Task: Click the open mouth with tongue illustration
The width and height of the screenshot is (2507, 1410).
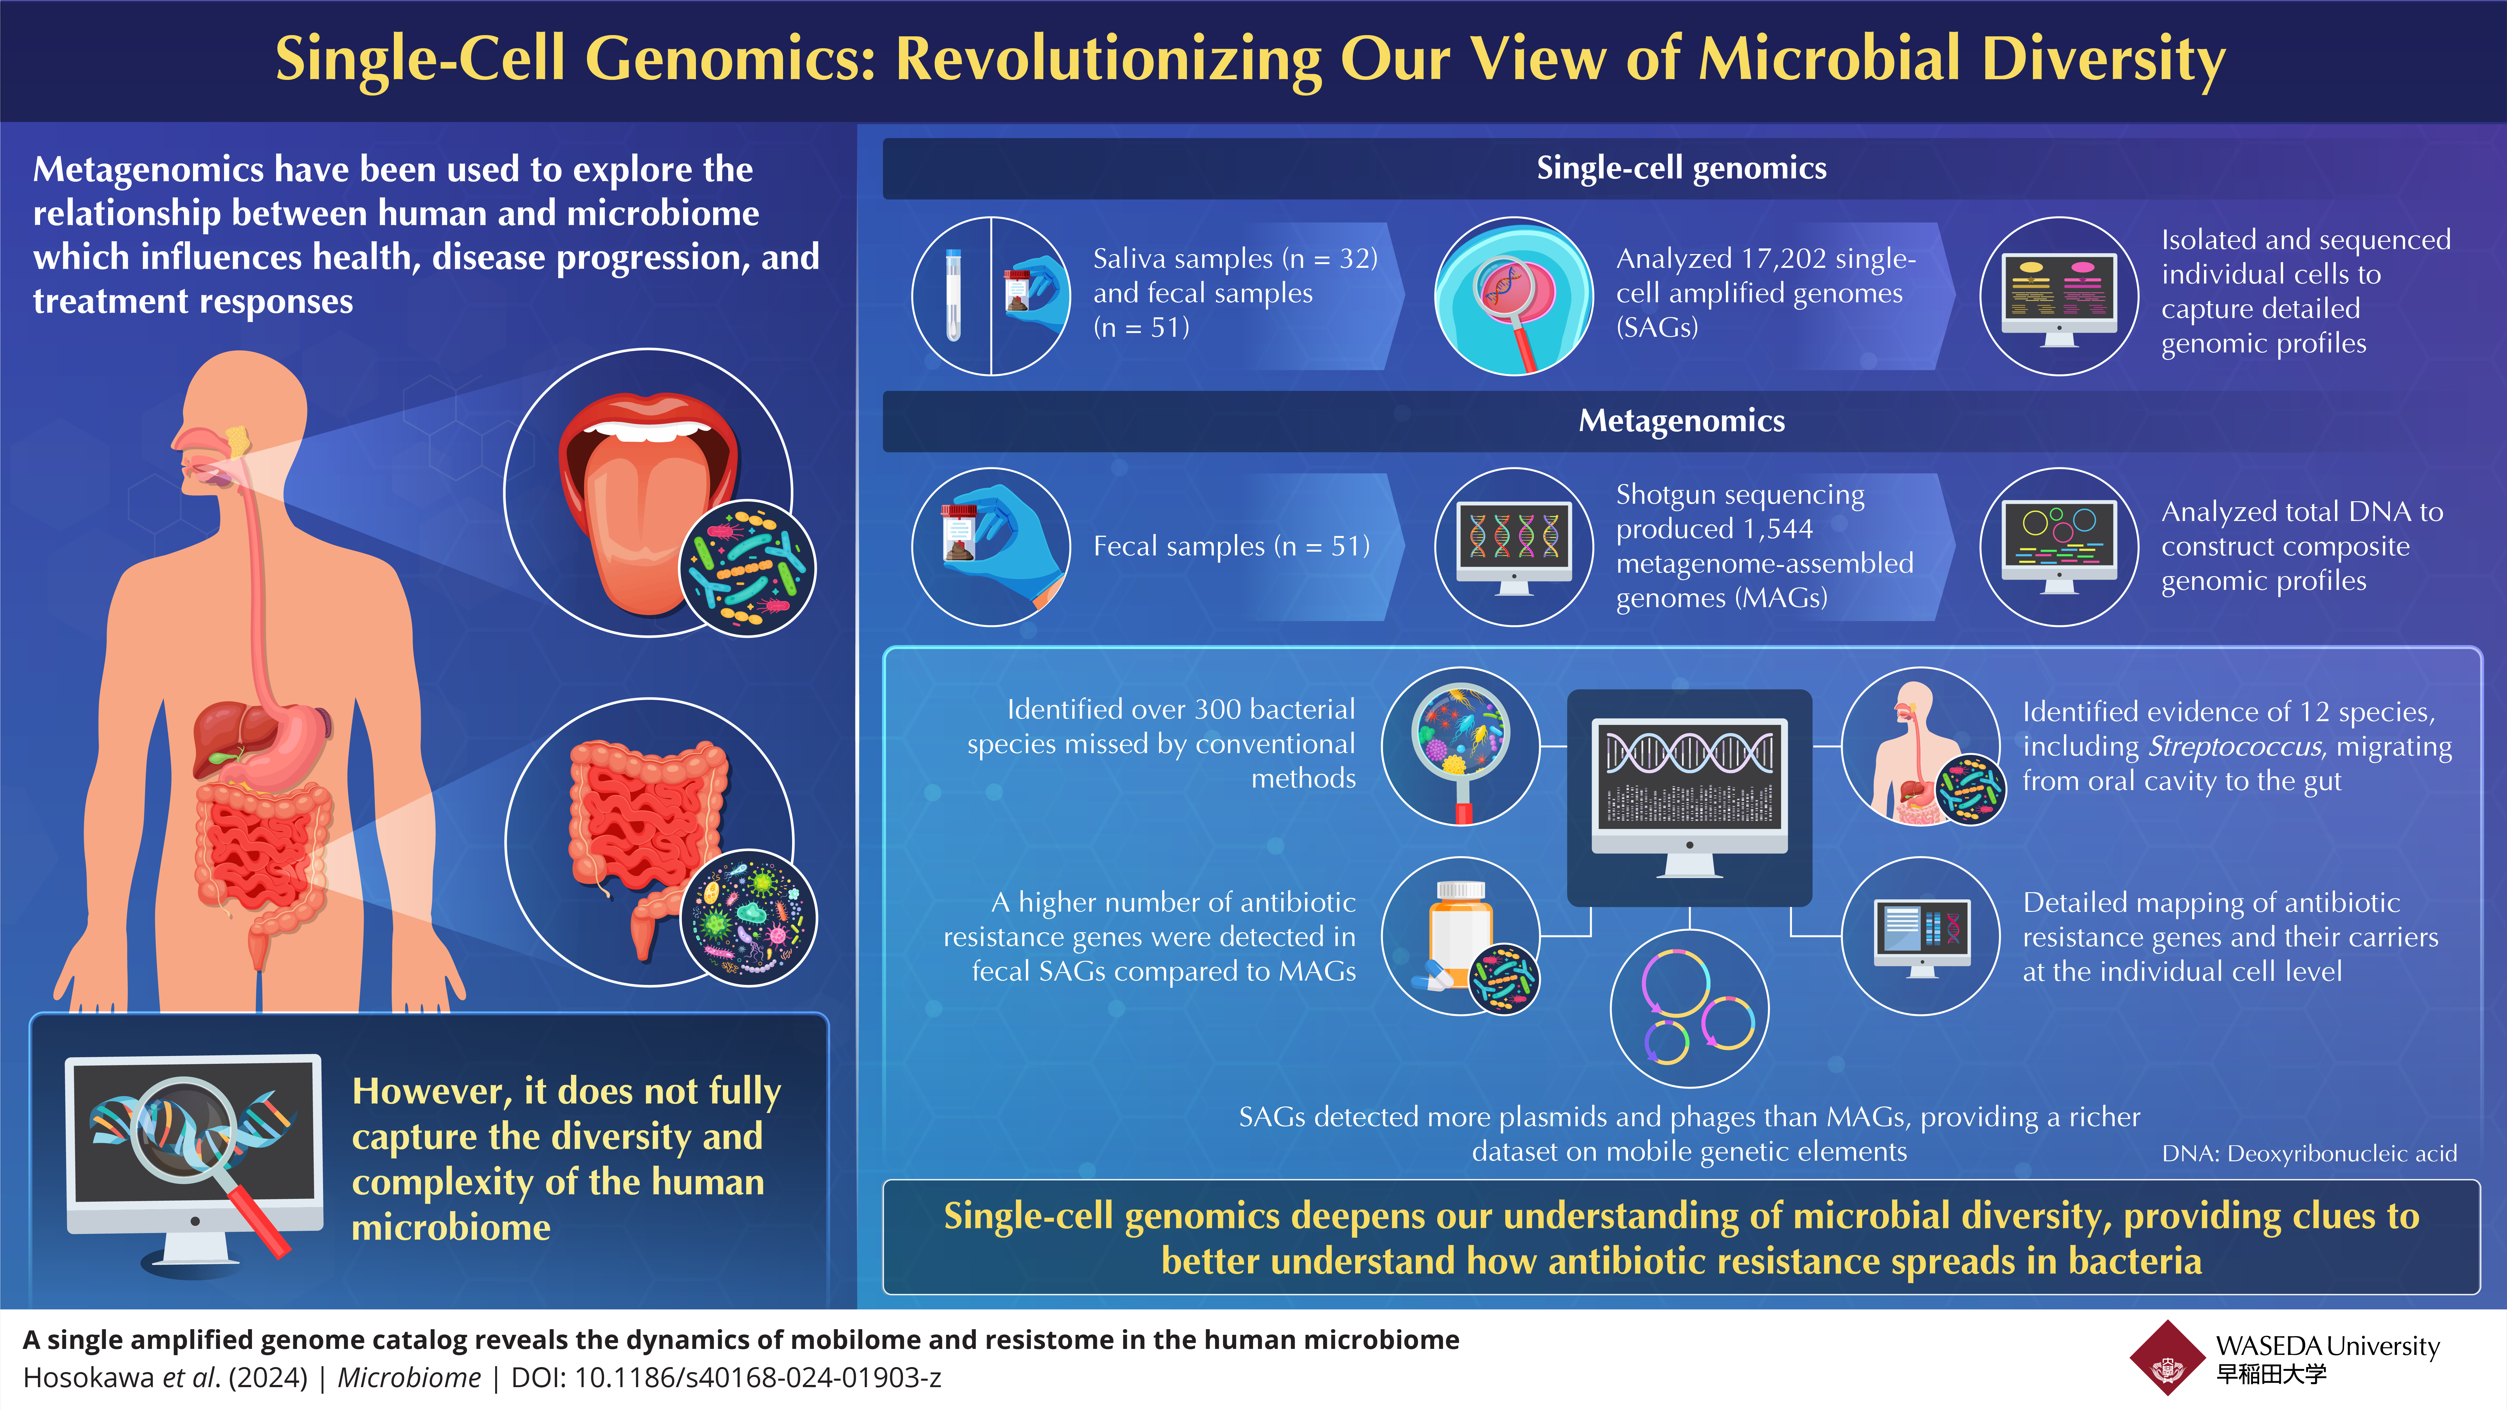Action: coord(647,496)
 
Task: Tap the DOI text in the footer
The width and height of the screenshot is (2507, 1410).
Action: coord(726,1378)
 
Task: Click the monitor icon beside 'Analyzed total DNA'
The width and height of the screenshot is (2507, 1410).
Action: coord(2059,545)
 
